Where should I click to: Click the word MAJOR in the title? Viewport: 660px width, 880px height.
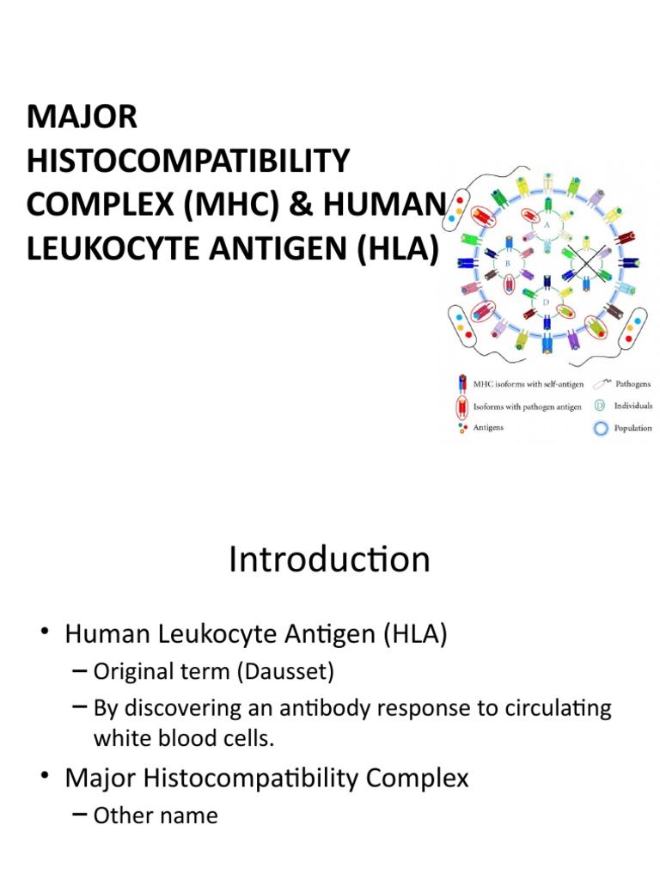pyautogui.click(x=82, y=116)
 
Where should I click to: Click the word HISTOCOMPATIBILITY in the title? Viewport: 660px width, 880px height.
pyautogui.click(x=188, y=160)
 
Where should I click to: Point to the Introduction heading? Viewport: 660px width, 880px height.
pyautogui.click(x=329, y=559)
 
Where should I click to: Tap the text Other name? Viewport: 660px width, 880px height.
pyautogui.click(x=156, y=815)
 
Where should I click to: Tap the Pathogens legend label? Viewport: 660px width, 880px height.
pyautogui.click(x=635, y=384)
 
